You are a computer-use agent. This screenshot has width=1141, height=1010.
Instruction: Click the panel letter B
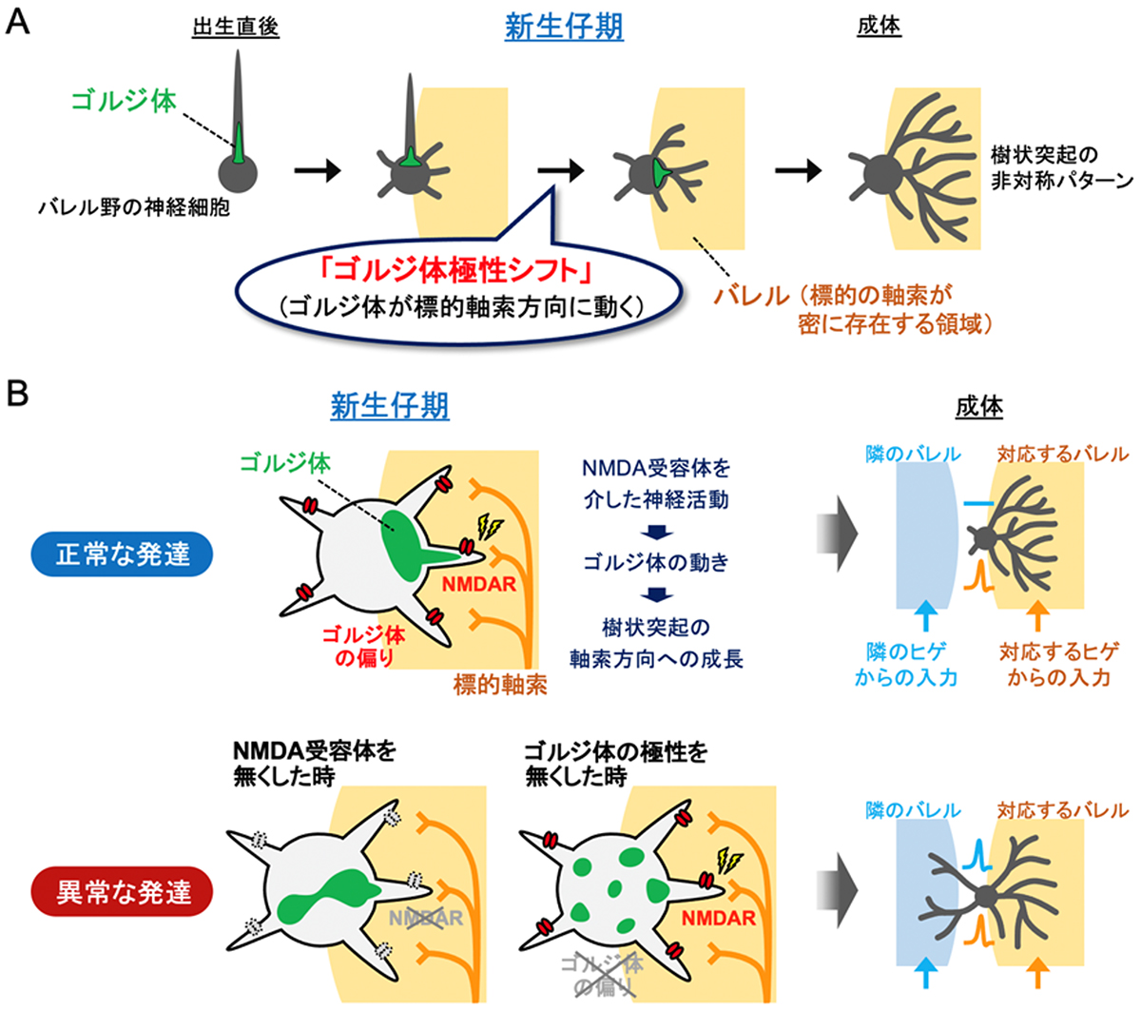coord(18,393)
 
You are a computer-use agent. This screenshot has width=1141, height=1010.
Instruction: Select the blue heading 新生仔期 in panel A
coord(564,27)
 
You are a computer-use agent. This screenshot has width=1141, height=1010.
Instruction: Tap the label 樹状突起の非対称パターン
coord(1061,166)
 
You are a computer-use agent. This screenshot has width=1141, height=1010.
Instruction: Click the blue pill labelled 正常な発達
coord(124,554)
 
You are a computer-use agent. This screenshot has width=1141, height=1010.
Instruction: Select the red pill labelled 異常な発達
coord(124,892)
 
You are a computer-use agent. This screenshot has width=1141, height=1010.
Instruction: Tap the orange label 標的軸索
coord(500,684)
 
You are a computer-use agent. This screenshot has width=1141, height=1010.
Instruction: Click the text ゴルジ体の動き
coord(656,562)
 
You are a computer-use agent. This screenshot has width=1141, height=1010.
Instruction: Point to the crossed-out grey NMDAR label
coord(426,918)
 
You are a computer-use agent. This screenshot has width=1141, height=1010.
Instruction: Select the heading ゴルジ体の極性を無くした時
coord(615,763)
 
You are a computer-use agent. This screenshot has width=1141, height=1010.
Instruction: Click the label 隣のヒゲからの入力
coord(905,664)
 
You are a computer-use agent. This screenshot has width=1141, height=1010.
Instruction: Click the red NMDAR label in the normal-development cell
coord(478,582)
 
